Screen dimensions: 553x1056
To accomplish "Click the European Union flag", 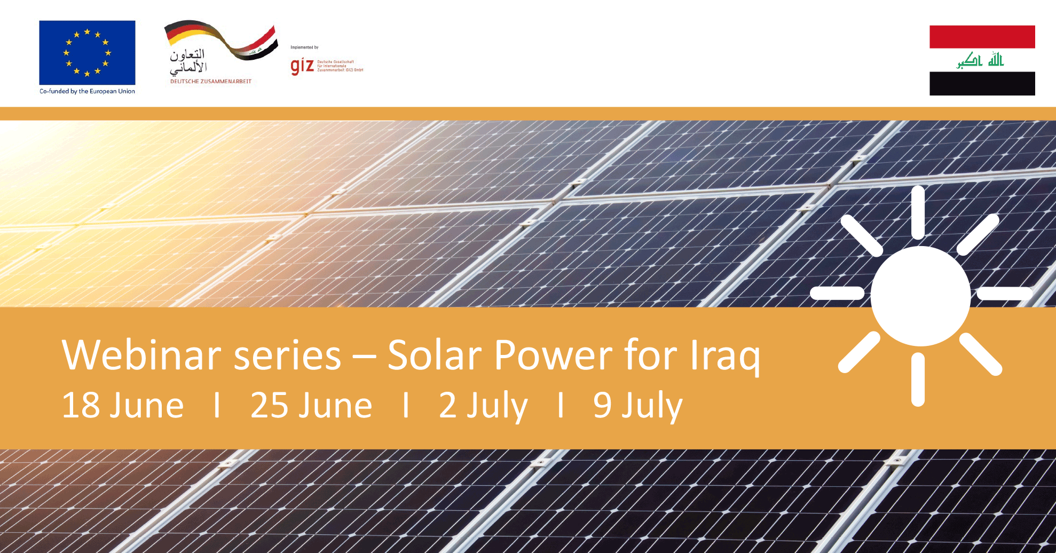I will (87, 52).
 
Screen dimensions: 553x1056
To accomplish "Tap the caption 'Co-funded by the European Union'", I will (87, 91).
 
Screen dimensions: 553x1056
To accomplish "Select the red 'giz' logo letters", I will (302, 66).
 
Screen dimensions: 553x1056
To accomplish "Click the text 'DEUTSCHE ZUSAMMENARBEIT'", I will (211, 82).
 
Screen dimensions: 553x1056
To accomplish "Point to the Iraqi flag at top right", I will (982, 60).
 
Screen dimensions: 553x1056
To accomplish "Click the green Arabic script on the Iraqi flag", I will (980, 60).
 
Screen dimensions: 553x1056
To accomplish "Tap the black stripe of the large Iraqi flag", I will (982, 84).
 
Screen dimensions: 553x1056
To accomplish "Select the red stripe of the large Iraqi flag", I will (982, 37).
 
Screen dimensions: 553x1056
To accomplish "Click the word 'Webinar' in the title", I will (141, 355).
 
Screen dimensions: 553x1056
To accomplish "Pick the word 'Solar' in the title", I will (433, 355).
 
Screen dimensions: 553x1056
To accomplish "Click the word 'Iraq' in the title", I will (724, 357).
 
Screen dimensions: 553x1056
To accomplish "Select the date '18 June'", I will (123, 406).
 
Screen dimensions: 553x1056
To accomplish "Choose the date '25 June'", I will (311, 406).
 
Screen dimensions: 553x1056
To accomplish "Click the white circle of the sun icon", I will (920, 296).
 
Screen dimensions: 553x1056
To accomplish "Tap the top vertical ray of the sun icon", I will (918, 212).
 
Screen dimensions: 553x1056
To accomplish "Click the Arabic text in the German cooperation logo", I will (188, 61).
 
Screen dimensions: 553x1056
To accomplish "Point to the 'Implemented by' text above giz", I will (304, 48).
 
